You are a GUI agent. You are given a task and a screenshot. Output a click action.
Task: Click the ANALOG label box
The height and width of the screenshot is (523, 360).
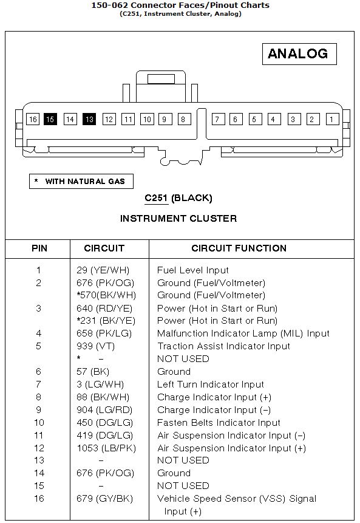[x=299, y=53]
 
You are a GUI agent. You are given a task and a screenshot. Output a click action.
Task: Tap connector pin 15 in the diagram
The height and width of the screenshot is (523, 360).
[x=50, y=119]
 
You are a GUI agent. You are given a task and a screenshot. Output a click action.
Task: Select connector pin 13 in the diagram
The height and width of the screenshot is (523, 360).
[x=89, y=119]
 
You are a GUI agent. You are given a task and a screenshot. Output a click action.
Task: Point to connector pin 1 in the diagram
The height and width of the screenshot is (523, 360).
[x=332, y=119]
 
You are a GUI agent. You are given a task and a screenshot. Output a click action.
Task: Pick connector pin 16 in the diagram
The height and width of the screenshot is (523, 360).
[x=33, y=119]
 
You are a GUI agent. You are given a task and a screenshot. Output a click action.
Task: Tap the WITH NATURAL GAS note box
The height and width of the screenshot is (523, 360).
[x=81, y=181]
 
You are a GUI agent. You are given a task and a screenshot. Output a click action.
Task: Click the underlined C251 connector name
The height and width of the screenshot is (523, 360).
[x=156, y=198]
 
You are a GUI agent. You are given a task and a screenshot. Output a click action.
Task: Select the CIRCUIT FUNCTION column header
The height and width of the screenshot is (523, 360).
[x=239, y=248]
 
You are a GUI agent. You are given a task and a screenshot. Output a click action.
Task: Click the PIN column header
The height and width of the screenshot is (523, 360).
[x=39, y=248]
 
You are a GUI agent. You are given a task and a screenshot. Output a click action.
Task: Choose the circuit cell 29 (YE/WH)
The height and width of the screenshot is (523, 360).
[x=103, y=270]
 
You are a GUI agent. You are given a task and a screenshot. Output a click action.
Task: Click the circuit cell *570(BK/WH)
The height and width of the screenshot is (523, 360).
[x=106, y=295]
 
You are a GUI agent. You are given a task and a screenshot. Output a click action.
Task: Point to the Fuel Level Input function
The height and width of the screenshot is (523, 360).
[x=192, y=270]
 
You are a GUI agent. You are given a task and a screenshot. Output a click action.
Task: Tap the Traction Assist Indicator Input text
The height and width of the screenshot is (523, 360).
[x=223, y=346]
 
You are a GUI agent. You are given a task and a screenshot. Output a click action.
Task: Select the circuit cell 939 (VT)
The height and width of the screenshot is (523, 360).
[x=96, y=346]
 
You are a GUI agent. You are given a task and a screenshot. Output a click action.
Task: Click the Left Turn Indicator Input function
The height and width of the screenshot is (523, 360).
[x=210, y=385]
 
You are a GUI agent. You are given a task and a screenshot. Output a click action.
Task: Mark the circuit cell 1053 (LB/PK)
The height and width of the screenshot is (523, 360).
[x=106, y=448]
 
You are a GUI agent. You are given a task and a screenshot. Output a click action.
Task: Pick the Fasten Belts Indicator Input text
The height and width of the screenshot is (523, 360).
[x=219, y=423]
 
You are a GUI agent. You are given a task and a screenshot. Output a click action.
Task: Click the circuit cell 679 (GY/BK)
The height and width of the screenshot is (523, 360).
[x=104, y=499]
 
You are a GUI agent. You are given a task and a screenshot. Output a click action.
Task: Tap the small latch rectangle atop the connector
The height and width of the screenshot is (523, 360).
[x=161, y=79]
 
